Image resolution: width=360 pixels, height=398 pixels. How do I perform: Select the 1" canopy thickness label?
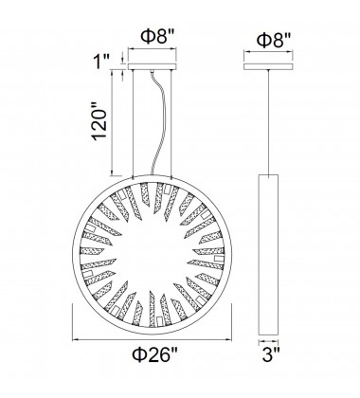point(101,61)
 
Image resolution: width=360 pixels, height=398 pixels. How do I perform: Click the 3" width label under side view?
point(271,354)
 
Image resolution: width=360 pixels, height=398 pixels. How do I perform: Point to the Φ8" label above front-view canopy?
point(157,37)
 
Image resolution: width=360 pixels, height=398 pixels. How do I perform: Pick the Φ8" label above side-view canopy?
point(274,40)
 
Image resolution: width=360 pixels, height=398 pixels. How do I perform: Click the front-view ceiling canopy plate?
point(152,66)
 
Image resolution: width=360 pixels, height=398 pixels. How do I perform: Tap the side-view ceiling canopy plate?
point(268,66)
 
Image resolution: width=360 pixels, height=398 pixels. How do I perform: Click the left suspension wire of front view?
point(133,123)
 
